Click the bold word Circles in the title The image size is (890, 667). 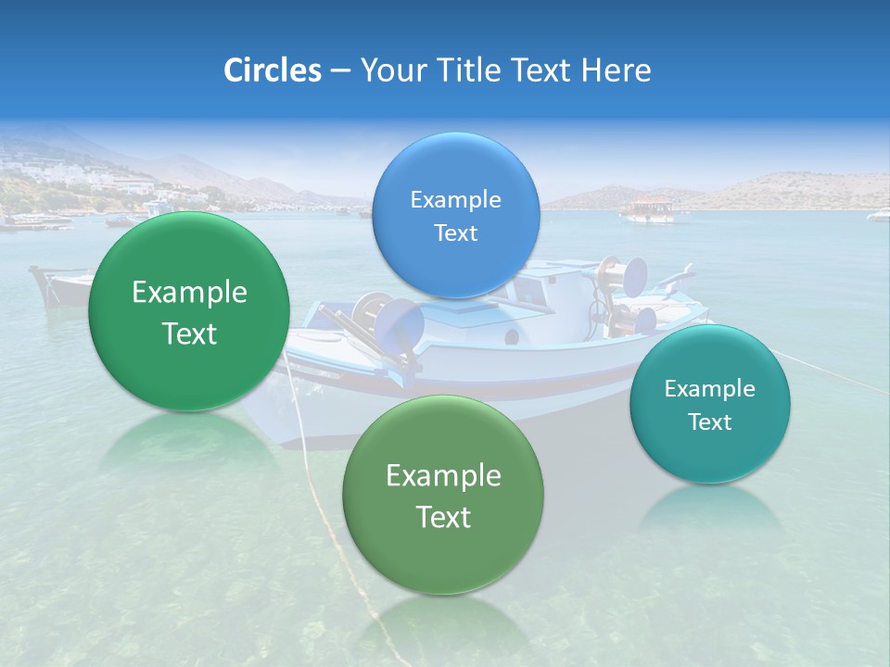272,70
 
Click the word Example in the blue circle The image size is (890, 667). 455,200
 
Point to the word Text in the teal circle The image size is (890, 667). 710,422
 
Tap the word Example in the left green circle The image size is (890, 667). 189,293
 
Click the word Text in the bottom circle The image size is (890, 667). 443,517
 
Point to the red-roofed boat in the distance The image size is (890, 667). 649,210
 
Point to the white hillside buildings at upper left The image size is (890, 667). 56,172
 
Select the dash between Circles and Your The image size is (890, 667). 339,70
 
